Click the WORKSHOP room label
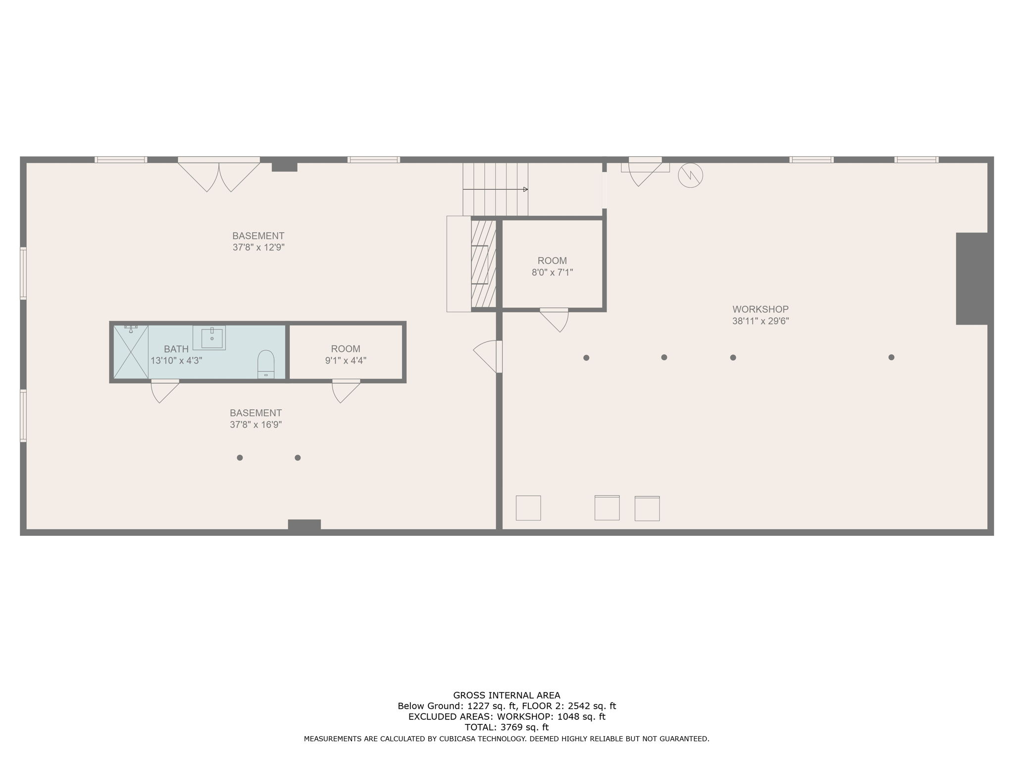tap(760, 310)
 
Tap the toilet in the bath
tap(266, 364)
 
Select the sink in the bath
tap(211, 337)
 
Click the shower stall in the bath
tap(131, 352)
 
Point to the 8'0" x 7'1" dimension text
tap(552, 272)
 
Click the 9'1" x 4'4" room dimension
tap(346, 361)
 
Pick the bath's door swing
tap(163, 390)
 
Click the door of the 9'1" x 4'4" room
tap(345, 390)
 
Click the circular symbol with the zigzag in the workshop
tap(690, 175)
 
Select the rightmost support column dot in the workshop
tap(891, 357)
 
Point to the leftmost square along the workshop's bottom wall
tap(528, 508)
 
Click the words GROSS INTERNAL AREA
tap(507, 695)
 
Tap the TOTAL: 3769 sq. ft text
tap(507, 727)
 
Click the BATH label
tap(176, 349)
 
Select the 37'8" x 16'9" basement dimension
tap(255, 425)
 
